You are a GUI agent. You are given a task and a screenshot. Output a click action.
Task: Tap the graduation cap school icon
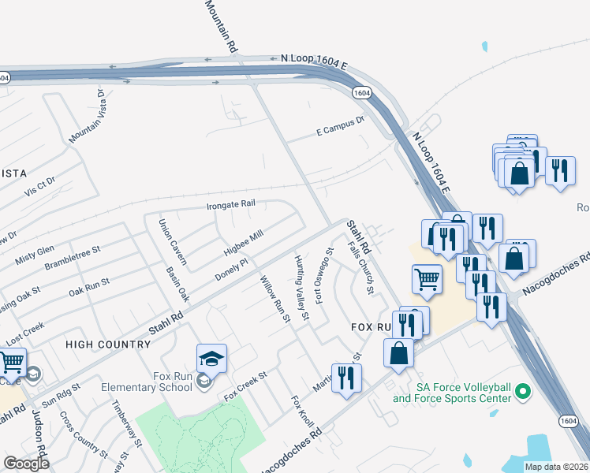tap(211, 359)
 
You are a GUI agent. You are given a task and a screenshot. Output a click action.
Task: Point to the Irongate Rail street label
tap(231, 204)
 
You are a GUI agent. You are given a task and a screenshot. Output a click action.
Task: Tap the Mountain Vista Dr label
tap(88, 116)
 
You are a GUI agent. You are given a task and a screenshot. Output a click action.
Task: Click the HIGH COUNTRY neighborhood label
tap(108, 345)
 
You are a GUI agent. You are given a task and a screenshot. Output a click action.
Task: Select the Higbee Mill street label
tap(242, 245)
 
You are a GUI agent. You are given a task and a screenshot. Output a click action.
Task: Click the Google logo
tap(26, 464)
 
